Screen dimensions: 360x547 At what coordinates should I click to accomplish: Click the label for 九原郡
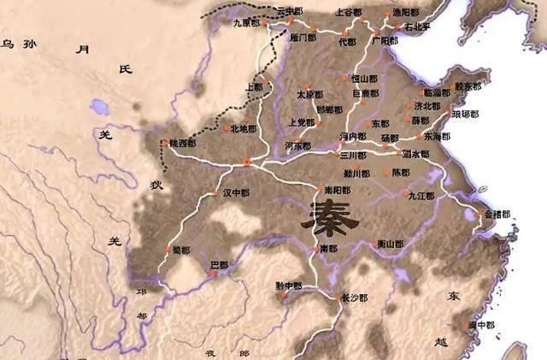(x=247, y=23)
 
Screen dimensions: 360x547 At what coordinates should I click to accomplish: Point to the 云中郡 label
(x=290, y=10)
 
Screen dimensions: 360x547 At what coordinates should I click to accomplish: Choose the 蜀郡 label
(x=180, y=250)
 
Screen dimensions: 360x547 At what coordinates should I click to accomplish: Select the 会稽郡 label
(x=497, y=214)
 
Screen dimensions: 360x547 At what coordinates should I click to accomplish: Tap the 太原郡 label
(x=309, y=94)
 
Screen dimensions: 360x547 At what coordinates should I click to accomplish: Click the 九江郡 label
(x=421, y=196)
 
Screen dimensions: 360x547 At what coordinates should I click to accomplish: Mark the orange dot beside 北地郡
(x=225, y=129)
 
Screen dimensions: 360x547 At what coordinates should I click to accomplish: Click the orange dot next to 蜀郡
(x=167, y=250)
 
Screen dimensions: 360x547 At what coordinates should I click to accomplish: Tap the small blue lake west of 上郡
(x=98, y=108)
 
